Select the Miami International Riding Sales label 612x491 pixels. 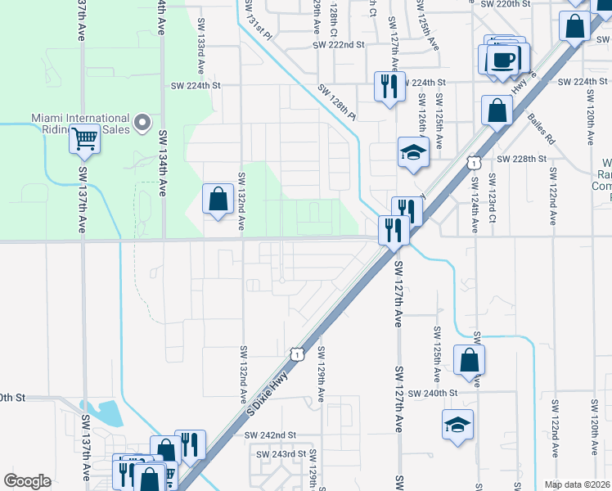pyautogui.click(x=80, y=124)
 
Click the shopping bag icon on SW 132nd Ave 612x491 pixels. pyautogui.click(x=218, y=199)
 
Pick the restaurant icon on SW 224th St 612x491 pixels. pyautogui.click(x=389, y=85)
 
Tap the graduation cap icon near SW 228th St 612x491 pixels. pyautogui.click(x=414, y=151)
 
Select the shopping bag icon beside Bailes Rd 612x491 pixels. pyautogui.click(x=497, y=110)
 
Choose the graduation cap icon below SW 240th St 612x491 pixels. pyautogui.click(x=457, y=424)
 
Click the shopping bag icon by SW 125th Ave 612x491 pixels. pyautogui.click(x=469, y=360)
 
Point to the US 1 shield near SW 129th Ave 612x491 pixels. pyautogui.click(x=296, y=353)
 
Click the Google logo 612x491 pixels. pyautogui.click(x=27, y=480)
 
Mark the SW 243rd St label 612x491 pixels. pyautogui.click(x=283, y=453)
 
